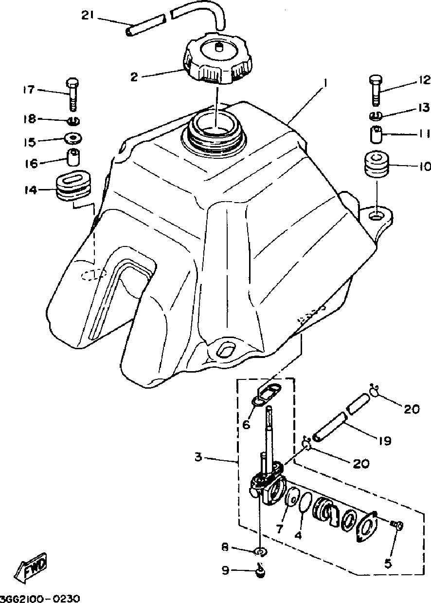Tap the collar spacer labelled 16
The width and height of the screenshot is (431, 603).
[73, 158]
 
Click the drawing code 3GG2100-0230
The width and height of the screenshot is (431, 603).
[40, 598]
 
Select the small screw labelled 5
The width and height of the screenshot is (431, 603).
[396, 525]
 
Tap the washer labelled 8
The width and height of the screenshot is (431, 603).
[261, 551]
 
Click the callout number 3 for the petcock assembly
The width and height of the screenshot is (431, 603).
[198, 457]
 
